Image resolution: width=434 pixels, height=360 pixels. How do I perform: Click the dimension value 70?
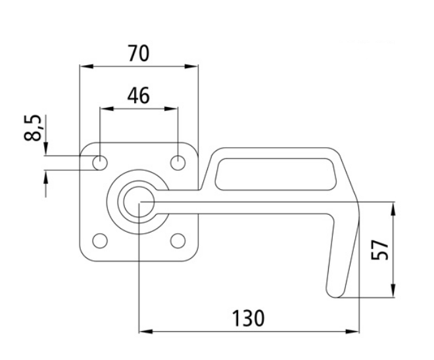tap(138, 53)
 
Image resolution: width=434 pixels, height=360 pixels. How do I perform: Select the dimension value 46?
tap(138, 95)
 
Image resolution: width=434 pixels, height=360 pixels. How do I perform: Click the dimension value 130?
tap(249, 319)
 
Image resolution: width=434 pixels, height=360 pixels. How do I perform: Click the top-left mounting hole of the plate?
tap(100, 162)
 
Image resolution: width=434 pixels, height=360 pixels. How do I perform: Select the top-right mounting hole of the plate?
tap(178, 162)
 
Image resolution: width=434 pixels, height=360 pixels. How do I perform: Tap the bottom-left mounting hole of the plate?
tap(100, 240)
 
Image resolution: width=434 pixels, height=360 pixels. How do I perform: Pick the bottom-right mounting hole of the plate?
tap(178, 240)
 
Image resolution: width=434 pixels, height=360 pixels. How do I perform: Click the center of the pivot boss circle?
tap(139, 201)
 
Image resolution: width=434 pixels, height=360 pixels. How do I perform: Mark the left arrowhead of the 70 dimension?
tap(84, 66)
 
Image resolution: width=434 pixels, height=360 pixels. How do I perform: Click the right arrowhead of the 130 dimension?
tap(356, 330)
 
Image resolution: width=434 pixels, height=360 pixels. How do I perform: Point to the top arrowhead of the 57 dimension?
tap(393, 208)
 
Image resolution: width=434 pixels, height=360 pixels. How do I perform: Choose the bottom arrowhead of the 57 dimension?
tap(393, 292)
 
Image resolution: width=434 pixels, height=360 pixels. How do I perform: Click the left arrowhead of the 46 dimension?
tap(104, 109)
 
